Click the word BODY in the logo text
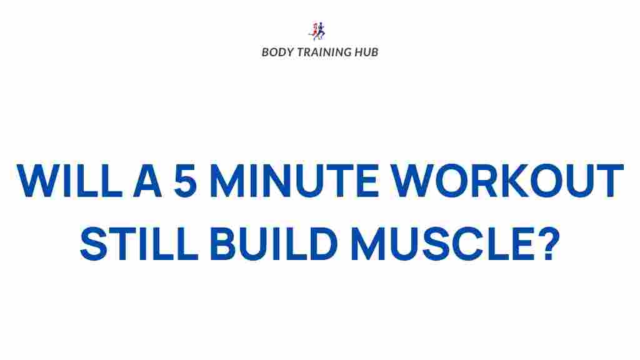[276, 52]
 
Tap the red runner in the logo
[314, 31]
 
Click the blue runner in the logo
[322, 31]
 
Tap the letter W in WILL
[39, 181]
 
